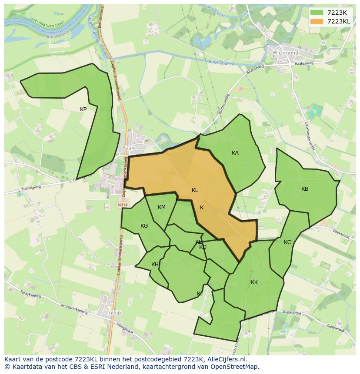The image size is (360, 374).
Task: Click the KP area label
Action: pos(83,109)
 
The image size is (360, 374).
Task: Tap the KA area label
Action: pos(235,153)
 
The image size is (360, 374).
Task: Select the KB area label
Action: pos(305,189)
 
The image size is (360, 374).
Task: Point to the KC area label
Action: pos(287,242)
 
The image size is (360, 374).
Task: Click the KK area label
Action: pos(254,282)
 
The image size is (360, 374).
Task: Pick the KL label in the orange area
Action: pos(195,190)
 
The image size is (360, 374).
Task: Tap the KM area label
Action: pos(162,207)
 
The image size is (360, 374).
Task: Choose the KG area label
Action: pos(144,226)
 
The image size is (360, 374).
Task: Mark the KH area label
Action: pos(155,265)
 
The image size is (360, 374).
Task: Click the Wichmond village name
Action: pos(285,53)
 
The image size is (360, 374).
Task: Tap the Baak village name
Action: pos(128,148)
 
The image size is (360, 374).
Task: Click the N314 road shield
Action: pos(122,204)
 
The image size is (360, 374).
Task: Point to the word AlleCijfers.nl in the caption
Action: pos(226,359)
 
